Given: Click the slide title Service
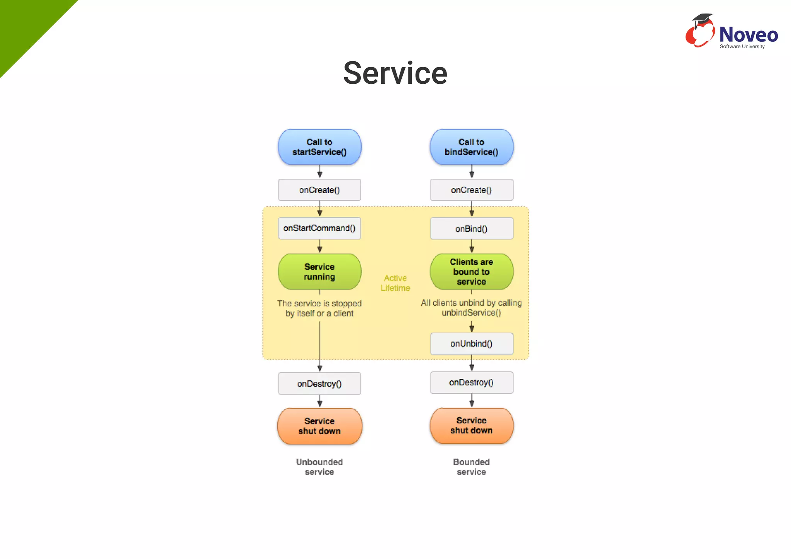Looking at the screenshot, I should point(395,73).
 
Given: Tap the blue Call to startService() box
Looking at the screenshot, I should point(319,147).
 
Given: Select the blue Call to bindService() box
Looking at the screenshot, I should point(471,147).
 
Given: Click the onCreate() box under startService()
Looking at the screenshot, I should point(319,190).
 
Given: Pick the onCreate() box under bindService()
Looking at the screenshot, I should point(472,190).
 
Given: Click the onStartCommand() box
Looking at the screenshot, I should point(319,228).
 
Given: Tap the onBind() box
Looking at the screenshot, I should point(472,228).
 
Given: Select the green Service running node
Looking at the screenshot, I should point(319,272).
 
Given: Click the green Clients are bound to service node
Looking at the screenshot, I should point(471,272).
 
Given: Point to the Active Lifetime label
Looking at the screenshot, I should point(395,283).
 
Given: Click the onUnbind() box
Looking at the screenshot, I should point(472,343).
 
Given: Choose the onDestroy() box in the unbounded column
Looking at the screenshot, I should point(319,383).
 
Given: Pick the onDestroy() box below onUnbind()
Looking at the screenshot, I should point(472,382).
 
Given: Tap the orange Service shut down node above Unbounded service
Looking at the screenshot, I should point(319,426).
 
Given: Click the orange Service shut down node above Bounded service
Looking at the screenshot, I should point(471,425).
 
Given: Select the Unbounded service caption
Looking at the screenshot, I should point(319,467).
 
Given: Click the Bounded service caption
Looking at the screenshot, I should point(471,467).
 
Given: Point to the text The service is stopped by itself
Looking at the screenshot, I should point(319,308).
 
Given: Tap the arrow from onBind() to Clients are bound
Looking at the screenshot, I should point(472,246).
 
